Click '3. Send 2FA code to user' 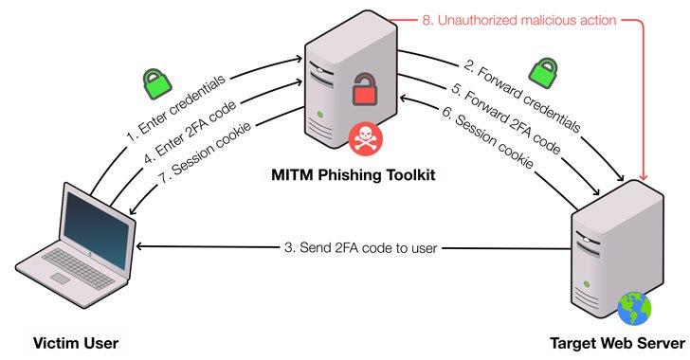tap(361, 248)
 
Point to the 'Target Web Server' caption tap(615, 342)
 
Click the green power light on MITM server tap(325, 118)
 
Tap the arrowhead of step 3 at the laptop tap(142, 246)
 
